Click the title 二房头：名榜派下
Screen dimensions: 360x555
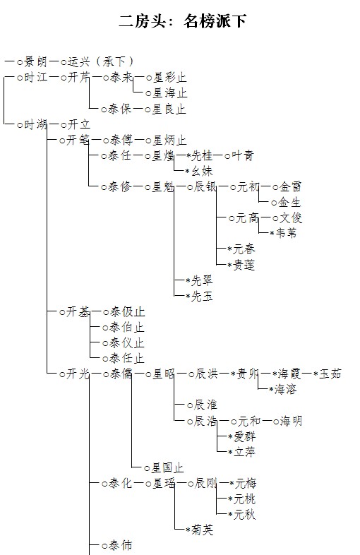pos(182,21)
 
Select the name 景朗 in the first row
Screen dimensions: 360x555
pos(35,61)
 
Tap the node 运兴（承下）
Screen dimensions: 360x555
pos(100,61)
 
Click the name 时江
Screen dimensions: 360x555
pos(35,77)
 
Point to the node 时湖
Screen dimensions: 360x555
pos(35,124)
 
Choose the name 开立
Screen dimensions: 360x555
pos(78,124)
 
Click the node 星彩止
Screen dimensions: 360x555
pos(169,77)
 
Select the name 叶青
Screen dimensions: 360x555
pos(243,155)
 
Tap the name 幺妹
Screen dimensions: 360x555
pos(202,172)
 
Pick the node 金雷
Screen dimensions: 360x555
pos(290,186)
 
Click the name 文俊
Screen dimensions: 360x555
pos(291,217)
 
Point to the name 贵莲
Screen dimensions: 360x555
pos(244,265)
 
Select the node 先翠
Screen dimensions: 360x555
pos(202,281)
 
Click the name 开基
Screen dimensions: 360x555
pos(78,312)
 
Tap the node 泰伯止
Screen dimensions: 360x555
pos(127,328)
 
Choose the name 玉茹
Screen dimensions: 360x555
pos(330,374)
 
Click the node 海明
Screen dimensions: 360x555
pos(291,421)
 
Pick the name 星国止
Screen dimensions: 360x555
pos(168,468)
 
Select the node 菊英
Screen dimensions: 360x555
pos(202,530)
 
